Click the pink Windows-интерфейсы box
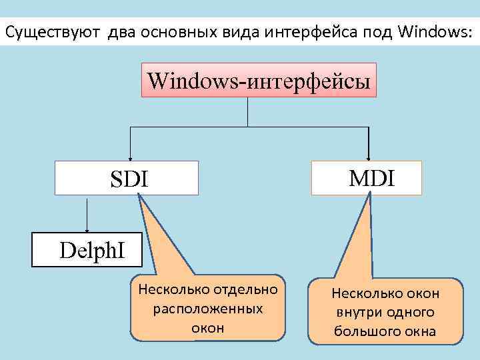pyautogui.click(x=258, y=80)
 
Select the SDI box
pyautogui.click(x=127, y=178)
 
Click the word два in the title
pyautogui.click(x=117, y=31)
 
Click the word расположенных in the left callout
pyautogui.click(x=208, y=309)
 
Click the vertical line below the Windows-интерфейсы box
pyautogui.click(x=248, y=111)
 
